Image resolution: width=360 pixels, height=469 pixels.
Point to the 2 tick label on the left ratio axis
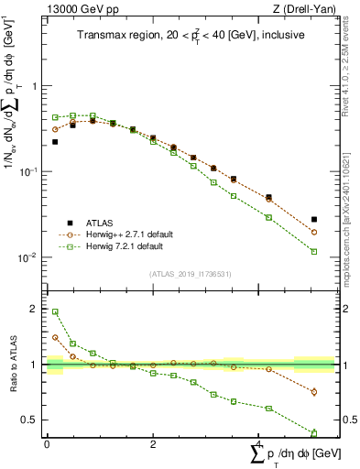coord(37,310)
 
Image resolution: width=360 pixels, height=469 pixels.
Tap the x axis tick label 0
coord(47,443)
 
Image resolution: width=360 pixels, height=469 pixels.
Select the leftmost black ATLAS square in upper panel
coord(55,142)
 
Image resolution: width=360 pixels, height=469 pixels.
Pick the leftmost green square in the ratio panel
coord(55,312)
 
